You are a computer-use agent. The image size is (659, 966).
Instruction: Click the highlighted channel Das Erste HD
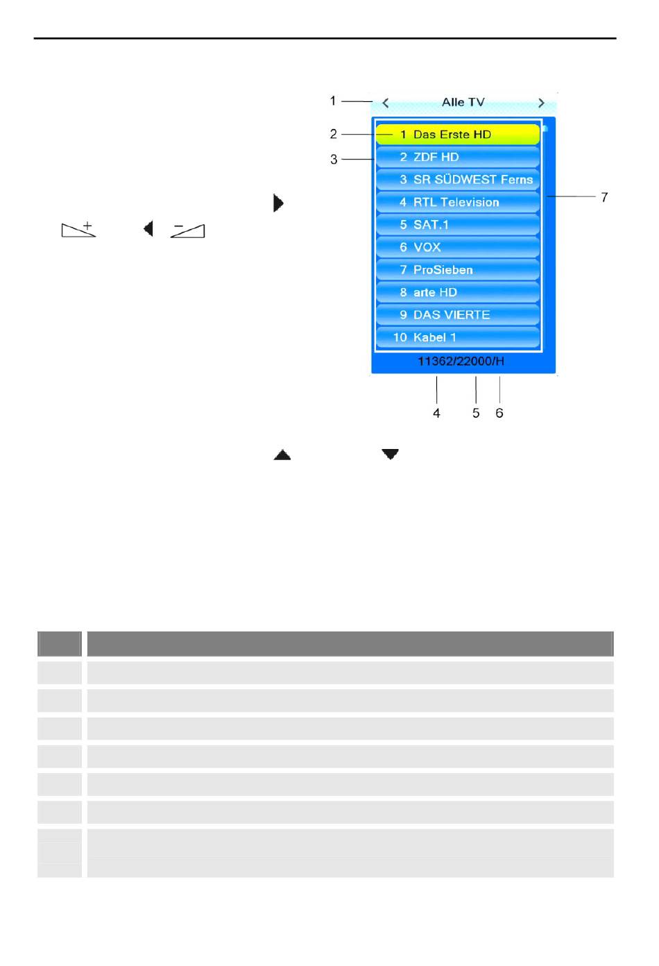[x=457, y=135]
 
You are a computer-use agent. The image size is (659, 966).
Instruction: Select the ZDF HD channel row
[x=457, y=157]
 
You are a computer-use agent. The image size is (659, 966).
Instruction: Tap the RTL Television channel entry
[x=457, y=202]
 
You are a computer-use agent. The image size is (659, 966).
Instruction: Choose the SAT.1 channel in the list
[x=457, y=225]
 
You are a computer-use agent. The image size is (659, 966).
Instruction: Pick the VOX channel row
[x=457, y=247]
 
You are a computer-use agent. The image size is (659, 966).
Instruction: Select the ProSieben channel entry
[x=457, y=270]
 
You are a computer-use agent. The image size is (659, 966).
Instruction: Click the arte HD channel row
[x=457, y=292]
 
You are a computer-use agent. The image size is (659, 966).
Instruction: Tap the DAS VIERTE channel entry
[x=457, y=315]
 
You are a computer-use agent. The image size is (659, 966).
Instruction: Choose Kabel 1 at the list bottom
[x=457, y=337]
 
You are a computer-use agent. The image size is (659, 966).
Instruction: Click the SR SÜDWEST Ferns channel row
[x=457, y=180]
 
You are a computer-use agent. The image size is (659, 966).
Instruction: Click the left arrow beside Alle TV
[x=386, y=103]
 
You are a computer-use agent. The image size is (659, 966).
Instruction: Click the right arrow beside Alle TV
[x=542, y=103]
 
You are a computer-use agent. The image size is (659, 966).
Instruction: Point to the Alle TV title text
[x=463, y=103]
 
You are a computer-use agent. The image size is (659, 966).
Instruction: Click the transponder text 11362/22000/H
[x=461, y=361]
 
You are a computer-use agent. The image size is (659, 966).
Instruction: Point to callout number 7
[x=604, y=198]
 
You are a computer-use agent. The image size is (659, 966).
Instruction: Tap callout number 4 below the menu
[x=436, y=413]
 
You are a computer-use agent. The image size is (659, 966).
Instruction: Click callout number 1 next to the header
[x=333, y=101]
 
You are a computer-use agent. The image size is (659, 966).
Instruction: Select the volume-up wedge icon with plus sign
[x=78, y=229]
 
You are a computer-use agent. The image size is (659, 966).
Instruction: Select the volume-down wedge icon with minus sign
[x=187, y=230]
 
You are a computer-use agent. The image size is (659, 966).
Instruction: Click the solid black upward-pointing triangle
[x=282, y=455]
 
